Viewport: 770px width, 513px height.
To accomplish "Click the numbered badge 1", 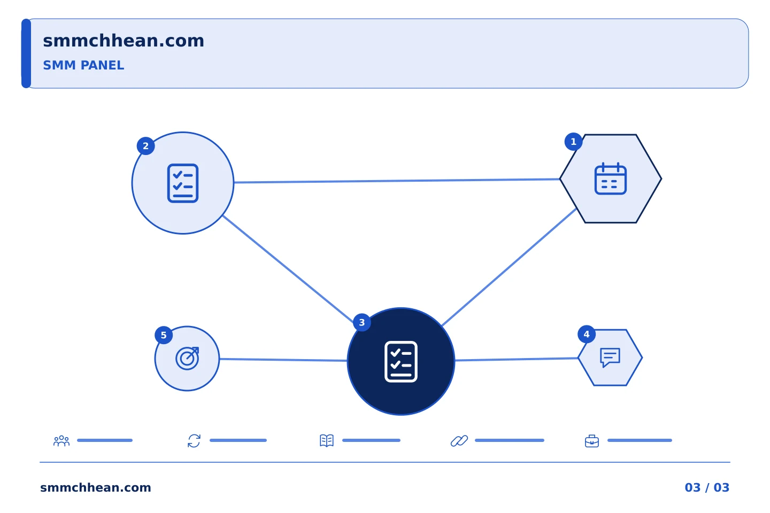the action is click(x=573, y=142).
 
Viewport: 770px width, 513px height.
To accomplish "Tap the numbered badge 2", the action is click(x=146, y=146).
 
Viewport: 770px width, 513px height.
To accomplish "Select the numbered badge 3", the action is click(x=361, y=323).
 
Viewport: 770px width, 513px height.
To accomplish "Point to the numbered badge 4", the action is click(x=587, y=335).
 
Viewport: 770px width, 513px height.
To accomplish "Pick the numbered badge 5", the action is click(x=164, y=336).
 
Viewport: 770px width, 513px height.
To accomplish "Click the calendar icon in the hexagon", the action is click(x=611, y=178).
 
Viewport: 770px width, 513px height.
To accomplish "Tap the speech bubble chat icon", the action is click(x=610, y=357).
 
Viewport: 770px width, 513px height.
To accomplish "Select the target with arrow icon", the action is click(x=187, y=359).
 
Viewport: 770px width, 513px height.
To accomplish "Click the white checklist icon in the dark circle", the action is click(x=401, y=361).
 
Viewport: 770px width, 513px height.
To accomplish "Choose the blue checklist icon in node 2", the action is click(x=183, y=183).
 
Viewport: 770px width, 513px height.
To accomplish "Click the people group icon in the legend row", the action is click(x=61, y=441).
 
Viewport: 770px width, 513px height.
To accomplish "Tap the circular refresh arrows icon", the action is click(x=194, y=441).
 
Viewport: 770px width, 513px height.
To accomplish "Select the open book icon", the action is click(x=327, y=440).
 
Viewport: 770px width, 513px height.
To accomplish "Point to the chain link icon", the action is click(x=459, y=441).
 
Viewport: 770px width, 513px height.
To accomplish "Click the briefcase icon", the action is click(x=592, y=441).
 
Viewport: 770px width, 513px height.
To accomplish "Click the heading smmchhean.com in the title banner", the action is click(x=124, y=41).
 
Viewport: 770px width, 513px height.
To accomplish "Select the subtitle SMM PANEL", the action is click(x=83, y=65).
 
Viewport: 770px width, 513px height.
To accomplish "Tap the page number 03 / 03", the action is click(x=707, y=487).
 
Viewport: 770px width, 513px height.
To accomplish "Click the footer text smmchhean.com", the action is click(x=96, y=487).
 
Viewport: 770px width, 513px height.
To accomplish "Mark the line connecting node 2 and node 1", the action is click(x=397, y=181).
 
